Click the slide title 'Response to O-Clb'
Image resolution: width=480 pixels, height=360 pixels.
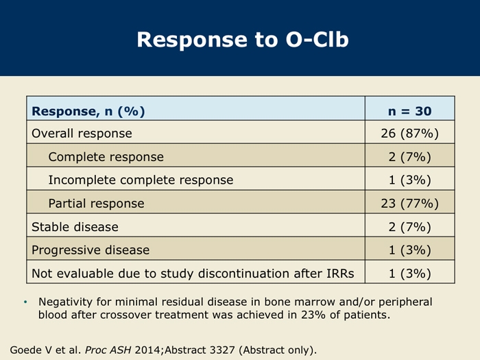tap(243, 40)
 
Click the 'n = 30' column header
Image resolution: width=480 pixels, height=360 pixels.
tap(409, 111)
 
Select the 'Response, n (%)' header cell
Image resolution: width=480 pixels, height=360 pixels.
tap(88, 111)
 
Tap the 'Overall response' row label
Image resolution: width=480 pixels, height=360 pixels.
tap(82, 134)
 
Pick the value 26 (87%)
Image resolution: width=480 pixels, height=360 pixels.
tap(409, 134)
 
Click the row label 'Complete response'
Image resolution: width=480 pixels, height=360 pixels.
tap(106, 157)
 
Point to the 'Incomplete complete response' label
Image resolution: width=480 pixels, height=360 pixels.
tap(141, 180)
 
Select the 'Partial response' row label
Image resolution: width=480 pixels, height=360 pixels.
tap(96, 204)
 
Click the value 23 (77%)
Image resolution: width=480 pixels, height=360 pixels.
tap(409, 204)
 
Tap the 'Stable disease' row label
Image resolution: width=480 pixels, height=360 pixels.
tap(75, 227)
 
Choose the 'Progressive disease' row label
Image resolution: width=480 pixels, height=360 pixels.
tap(91, 250)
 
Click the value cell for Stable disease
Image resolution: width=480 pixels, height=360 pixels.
tap(409, 227)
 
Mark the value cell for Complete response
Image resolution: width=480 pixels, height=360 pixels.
tap(409, 157)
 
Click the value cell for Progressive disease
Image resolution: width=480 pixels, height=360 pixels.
tap(409, 250)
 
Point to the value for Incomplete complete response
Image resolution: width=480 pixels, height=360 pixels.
tap(409, 180)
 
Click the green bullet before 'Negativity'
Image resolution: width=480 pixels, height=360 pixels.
tap(25, 302)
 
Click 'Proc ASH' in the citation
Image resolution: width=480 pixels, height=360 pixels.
tap(108, 350)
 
